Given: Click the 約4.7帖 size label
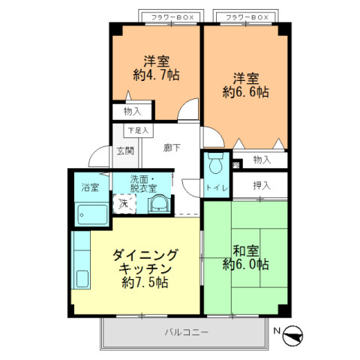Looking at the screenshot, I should click(x=157, y=75).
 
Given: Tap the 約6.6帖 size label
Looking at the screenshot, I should click(x=245, y=92).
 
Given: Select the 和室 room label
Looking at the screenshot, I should click(x=245, y=250).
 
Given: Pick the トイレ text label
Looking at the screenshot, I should click(x=216, y=188).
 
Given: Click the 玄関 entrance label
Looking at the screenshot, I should click(x=124, y=151).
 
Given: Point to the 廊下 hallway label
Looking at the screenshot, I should click(x=172, y=148).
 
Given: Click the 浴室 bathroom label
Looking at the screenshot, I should click(x=90, y=187).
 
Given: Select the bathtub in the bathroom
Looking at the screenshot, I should click(x=91, y=214).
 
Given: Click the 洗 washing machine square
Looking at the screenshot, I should click(x=123, y=202).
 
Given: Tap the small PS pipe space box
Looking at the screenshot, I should click(x=235, y=166).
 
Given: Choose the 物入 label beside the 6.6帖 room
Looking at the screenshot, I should click(x=261, y=160).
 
